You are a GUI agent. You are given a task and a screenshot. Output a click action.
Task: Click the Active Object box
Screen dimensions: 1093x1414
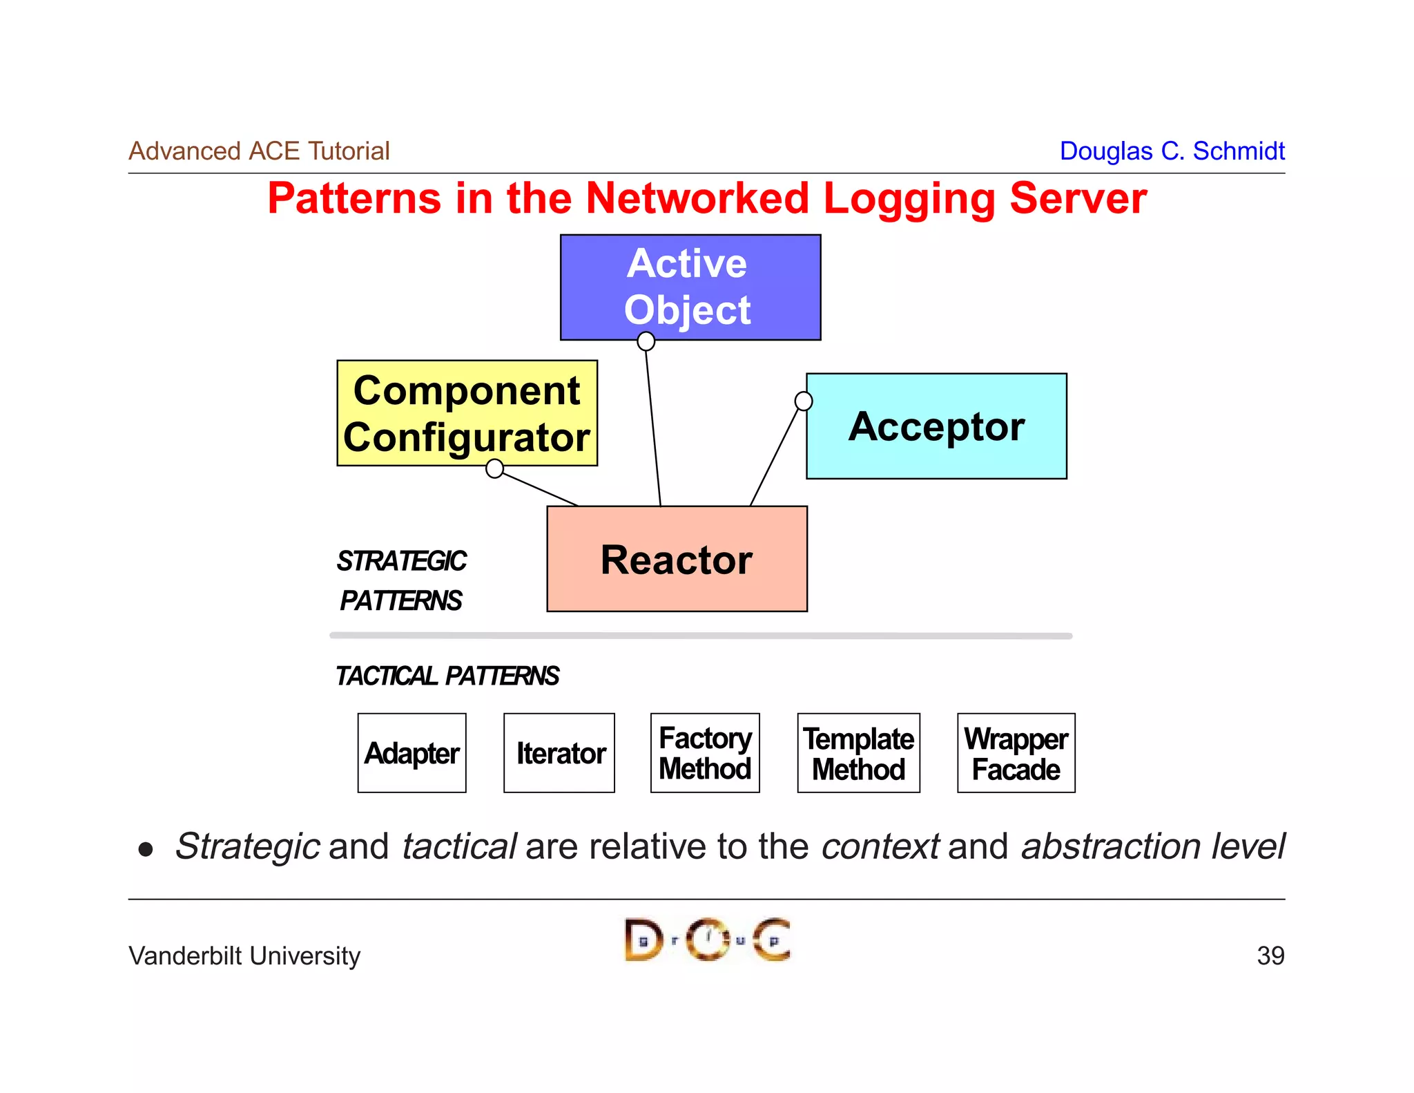690,287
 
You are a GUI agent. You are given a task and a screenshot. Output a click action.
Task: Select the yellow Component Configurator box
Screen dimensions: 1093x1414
467,413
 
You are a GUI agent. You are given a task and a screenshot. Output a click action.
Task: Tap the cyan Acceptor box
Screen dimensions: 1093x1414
936,426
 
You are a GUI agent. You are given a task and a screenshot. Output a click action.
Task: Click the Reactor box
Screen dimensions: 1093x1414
677,559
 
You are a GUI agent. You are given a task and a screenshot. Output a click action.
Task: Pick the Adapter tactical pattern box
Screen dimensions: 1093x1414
411,753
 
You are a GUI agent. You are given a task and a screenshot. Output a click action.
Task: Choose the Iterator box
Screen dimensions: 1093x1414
559,753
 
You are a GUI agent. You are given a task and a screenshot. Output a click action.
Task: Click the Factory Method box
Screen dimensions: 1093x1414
705,753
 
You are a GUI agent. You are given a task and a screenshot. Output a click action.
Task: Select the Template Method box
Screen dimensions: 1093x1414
858,753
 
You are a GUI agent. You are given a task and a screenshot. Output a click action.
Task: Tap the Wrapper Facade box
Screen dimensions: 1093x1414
1016,753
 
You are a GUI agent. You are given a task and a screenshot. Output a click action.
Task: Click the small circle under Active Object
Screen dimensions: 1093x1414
646,341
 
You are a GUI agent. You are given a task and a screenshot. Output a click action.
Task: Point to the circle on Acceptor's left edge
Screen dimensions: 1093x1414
804,401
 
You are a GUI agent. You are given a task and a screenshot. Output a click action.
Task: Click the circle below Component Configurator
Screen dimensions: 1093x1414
494,468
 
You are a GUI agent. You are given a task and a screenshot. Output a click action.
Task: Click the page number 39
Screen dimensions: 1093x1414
1270,956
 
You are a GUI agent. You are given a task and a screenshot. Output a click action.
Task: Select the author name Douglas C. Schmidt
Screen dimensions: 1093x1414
1172,151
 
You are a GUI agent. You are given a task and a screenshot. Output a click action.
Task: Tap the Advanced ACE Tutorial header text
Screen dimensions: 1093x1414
259,151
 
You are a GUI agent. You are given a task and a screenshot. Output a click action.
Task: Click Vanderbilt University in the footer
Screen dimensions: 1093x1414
244,956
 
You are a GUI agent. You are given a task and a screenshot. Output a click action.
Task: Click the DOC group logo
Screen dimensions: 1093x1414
707,939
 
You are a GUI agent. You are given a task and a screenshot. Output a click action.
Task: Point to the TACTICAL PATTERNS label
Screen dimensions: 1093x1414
447,676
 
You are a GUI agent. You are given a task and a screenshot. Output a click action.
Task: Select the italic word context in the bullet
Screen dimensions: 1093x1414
880,846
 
